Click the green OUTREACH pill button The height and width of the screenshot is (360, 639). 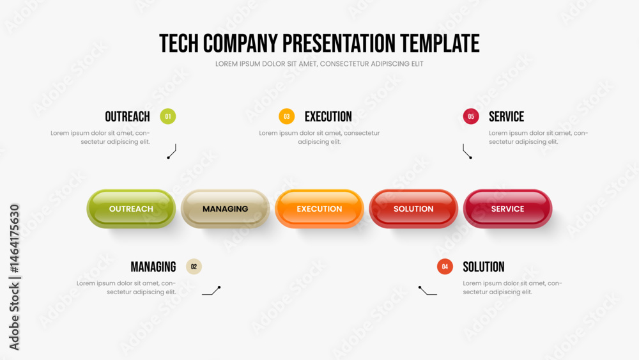pos(131,208)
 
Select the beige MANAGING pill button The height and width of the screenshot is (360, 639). pos(225,208)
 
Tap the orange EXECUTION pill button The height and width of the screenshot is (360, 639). pos(319,208)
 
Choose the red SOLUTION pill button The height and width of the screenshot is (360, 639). pos(413,208)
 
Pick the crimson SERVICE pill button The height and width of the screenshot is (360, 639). pos(507,208)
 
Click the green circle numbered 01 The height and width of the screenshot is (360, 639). pos(168,116)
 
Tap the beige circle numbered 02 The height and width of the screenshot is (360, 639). pos(194,267)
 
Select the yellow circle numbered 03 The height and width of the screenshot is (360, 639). pos(286,116)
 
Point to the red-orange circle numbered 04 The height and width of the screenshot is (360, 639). pos(445,267)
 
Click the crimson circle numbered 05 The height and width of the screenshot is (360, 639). pos(471,116)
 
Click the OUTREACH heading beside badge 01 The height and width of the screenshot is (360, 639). pos(128,116)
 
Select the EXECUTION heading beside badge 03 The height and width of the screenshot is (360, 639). pos(328,116)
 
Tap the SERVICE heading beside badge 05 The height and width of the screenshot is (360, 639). pos(507,116)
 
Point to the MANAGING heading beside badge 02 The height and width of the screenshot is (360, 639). pos(153,267)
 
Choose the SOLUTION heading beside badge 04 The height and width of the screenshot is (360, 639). pos(483,267)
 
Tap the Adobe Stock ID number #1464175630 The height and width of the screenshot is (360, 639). pos(14,239)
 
